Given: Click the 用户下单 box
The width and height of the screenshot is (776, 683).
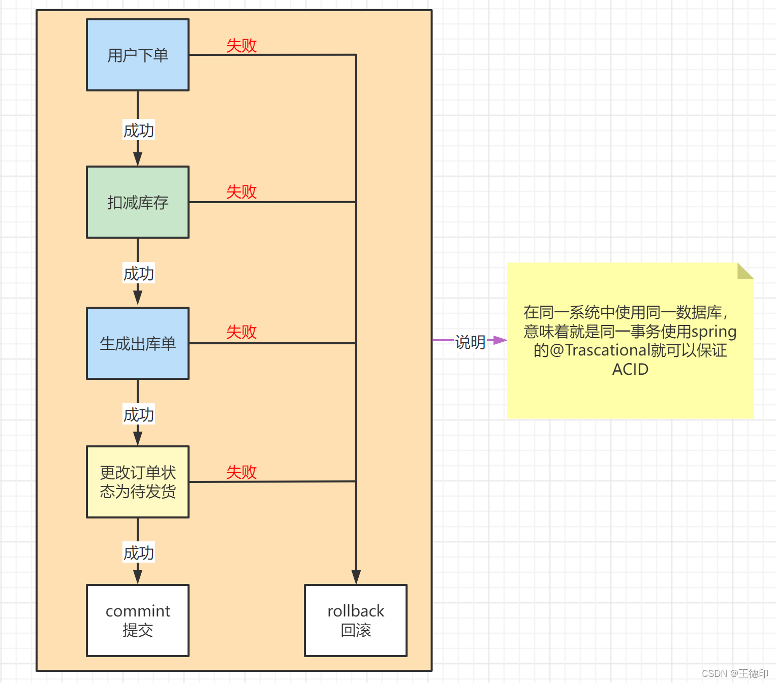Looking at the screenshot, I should click(138, 55).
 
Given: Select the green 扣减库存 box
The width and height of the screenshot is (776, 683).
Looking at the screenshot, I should click(138, 202).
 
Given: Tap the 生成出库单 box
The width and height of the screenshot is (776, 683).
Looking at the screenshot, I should click(138, 343).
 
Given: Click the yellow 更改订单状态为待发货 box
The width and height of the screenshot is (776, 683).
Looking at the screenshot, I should click(138, 482).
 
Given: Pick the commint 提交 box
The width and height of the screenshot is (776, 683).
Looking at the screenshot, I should click(138, 620).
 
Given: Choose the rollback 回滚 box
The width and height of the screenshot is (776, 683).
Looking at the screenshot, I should click(356, 620).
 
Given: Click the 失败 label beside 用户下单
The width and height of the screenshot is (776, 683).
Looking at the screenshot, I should click(241, 46).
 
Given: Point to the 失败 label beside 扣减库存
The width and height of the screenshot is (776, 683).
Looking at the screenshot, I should click(241, 192).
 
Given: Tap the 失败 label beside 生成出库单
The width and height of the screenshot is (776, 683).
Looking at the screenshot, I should click(241, 332).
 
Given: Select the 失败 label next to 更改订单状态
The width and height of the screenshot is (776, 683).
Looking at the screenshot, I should click(241, 472).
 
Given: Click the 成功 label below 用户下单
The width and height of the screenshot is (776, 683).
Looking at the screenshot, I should click(138, 131).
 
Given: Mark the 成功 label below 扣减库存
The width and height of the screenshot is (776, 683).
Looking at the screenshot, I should click(138, 274).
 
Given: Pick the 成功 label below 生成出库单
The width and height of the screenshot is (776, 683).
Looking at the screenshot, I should click(138, 415).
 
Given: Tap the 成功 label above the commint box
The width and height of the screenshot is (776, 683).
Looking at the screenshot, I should click(138, 552).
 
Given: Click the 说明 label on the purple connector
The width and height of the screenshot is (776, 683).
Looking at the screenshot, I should click(470, 342).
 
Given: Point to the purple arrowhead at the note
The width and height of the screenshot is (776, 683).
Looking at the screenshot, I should click(500, 340).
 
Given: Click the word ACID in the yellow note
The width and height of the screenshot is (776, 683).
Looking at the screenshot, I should click(630, 369).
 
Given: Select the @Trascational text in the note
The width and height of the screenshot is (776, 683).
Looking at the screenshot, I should click(600, 350).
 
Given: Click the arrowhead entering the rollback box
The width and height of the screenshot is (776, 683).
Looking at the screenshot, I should click(356, 577).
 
